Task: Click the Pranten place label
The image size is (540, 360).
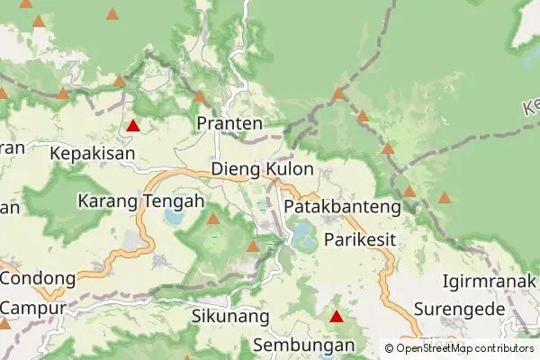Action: click(x=229, y=123)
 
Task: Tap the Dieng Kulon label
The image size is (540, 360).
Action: click(x=262, y=169)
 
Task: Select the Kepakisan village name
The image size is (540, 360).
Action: click(x=93, y=153)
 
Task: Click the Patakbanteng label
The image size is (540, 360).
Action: click(x=341, y=207)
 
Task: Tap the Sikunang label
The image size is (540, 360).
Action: click(x=230, y=316)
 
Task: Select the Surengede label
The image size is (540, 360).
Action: click(x=458, y=310)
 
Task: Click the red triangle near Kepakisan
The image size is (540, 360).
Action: click(x=133, y=126)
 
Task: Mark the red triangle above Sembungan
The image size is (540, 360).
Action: click(x=337, y=316)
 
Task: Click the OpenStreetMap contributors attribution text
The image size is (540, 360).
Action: click(x=464, y=347)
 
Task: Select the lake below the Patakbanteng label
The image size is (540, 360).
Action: click(x=303, y=238)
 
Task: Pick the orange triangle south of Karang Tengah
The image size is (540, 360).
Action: click(x=213, y=218)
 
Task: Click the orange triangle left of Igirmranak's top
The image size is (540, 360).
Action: click(x=445, y=197)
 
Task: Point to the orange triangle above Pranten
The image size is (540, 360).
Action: click(x=200, y=95)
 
